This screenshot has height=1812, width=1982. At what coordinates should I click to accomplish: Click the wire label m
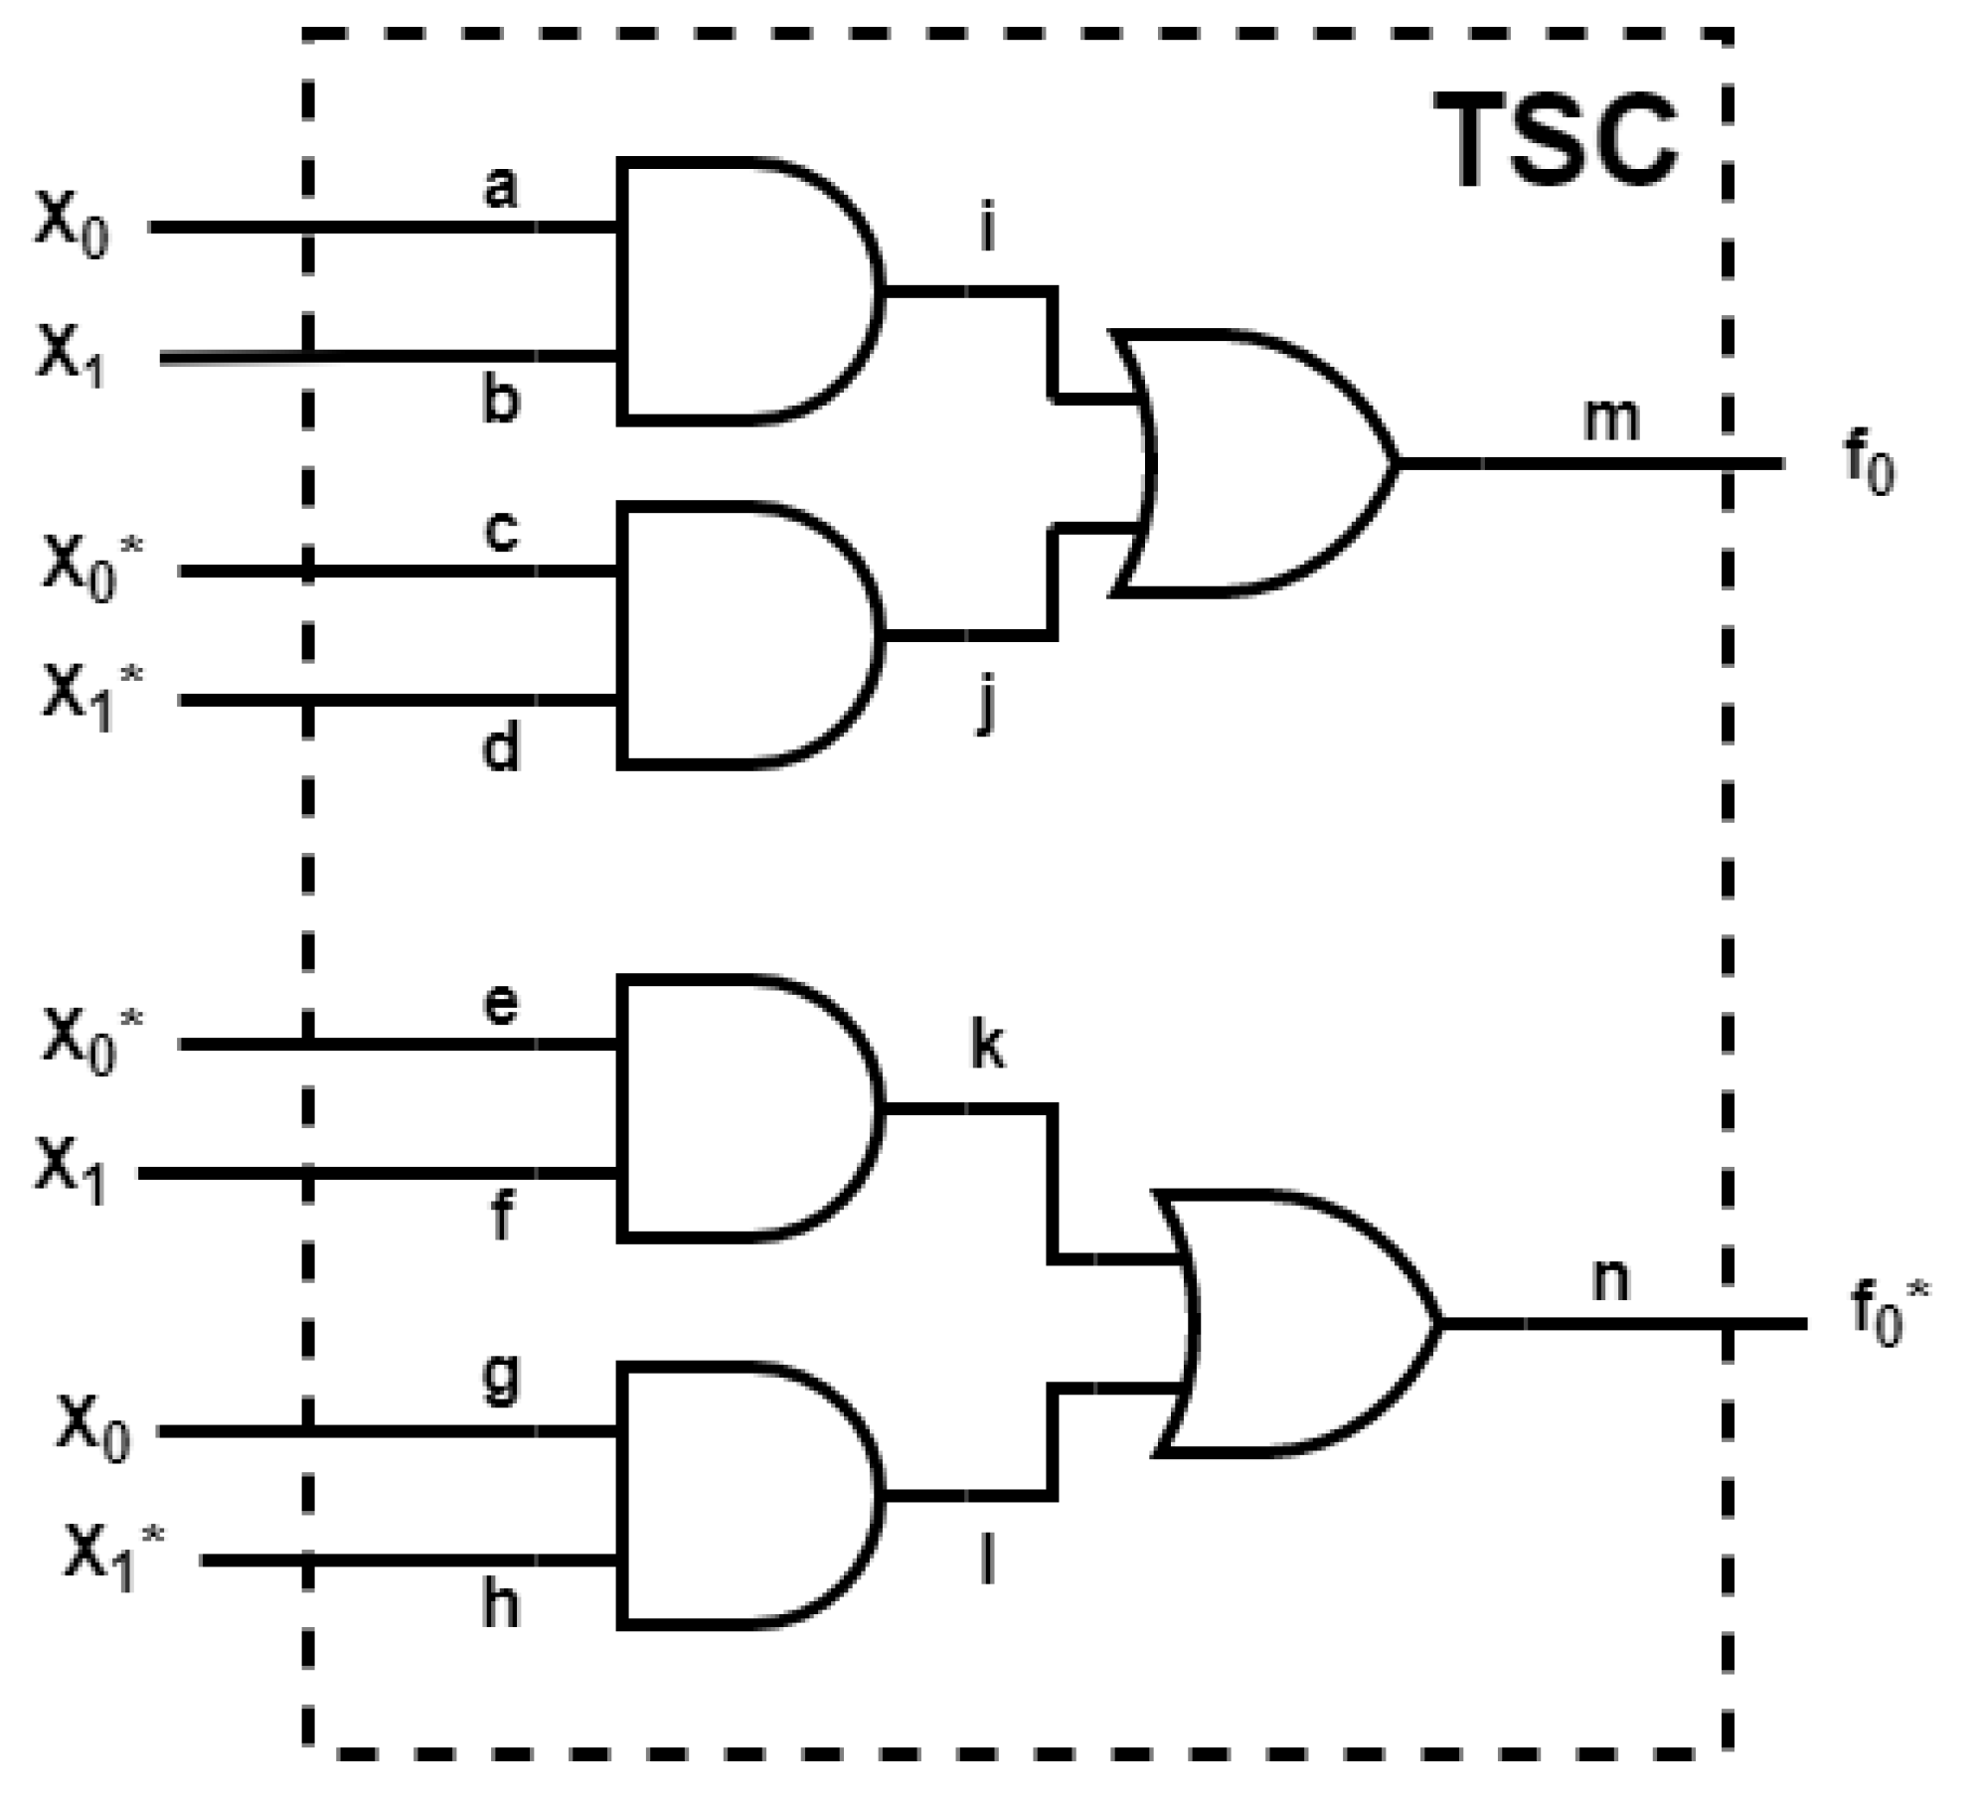[1609, 419]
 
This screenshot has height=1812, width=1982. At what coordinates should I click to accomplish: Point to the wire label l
[987, 1559]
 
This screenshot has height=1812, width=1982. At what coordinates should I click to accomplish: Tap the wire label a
[501, 186]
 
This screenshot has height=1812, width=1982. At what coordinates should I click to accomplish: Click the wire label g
[501, 1378]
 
